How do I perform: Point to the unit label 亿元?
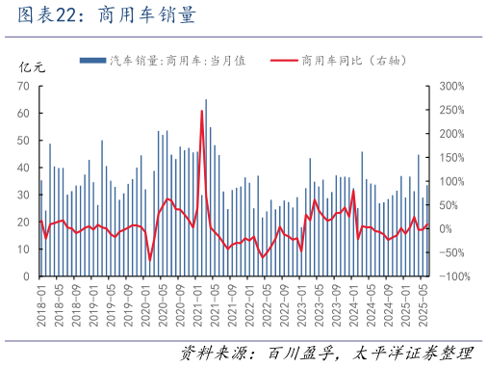(x=32, y=67)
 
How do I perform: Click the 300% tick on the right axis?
(x=450, y=86)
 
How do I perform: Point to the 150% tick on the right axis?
(x=450, y=157)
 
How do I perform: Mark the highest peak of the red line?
(x=201, y=111)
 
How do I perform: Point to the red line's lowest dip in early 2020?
(x=149, y=259)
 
